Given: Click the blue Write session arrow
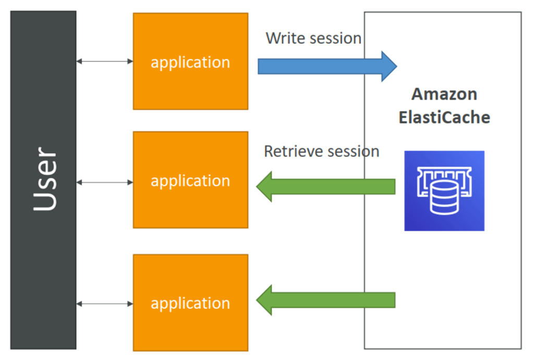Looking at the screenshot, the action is coord(327,66).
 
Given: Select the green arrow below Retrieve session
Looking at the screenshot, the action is coord(326,187).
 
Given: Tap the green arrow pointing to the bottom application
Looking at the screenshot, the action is coord(326,300).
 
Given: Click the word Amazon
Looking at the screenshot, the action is coord(444,94).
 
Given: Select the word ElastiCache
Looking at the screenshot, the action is coord(444,117).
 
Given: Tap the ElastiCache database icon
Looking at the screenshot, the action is coord(444,191).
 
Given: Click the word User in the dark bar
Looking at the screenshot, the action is coord(45,179).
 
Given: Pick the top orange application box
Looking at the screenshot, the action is coord(191,62).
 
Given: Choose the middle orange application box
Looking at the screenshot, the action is coord(191,180).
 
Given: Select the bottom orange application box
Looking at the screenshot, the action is coord(191,303).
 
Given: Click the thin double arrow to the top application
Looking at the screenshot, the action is coord(105,62).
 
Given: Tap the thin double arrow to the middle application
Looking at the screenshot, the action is coord(105,183).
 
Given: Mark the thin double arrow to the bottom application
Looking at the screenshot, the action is coord(105,304).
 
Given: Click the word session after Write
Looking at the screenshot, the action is coord(332,38).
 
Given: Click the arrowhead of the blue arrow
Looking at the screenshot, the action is coord(389,66).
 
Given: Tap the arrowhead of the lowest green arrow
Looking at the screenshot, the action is coord(264,300).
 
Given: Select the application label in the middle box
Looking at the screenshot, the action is coord(191,181).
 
